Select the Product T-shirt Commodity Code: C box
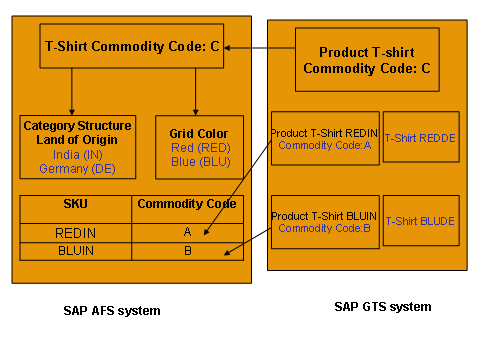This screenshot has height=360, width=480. click(x=367, y=60)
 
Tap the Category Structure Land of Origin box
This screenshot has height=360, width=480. click(x=77, y=147)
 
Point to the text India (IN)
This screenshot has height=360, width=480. click(x=77, y=155)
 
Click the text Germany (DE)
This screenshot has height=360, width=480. click(x=77, y=169)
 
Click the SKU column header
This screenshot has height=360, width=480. click(x=76, y=204)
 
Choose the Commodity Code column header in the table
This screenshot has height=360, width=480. click(x=186, y=204)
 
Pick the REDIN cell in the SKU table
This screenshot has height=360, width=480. click(x=76, y=231)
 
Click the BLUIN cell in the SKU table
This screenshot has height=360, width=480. click(x=76, y=250)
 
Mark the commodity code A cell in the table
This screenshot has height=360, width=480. click(x=186, y=231)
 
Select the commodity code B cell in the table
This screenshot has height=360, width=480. click(x=186, y=250)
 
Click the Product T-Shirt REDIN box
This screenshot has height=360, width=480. click(x=324, y=138)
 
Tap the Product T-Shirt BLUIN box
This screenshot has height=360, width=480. click(x=324, y=221)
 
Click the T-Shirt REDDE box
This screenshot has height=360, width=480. click(x=421, y=138)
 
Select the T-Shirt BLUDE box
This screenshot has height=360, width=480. click(x=421, y=221)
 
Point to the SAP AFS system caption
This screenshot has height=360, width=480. click(x=112, y=311)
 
